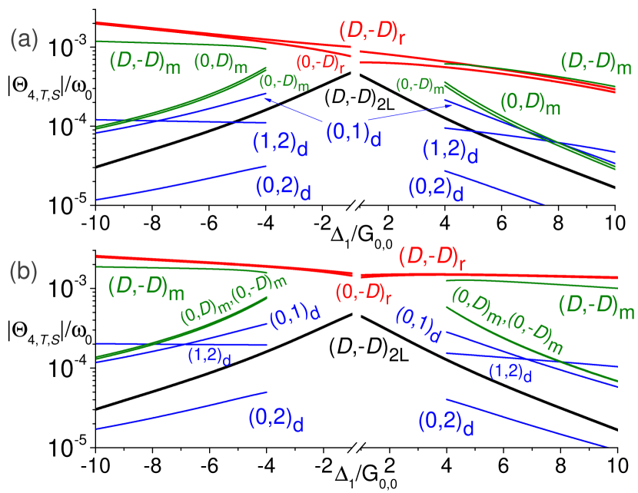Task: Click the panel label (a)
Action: click(x=24, y=40)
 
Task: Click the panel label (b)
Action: click(x=24, y=273)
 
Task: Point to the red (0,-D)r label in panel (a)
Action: click(x=321, y=65)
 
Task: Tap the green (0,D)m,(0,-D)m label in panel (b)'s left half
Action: click(x=233, y=299)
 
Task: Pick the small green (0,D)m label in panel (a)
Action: click(x=220, y=62)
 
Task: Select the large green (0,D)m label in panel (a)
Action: click(x=530, y=103)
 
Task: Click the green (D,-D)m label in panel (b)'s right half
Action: click(x=596, y=306)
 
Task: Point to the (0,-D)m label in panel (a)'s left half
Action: click(x=284, y=82)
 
